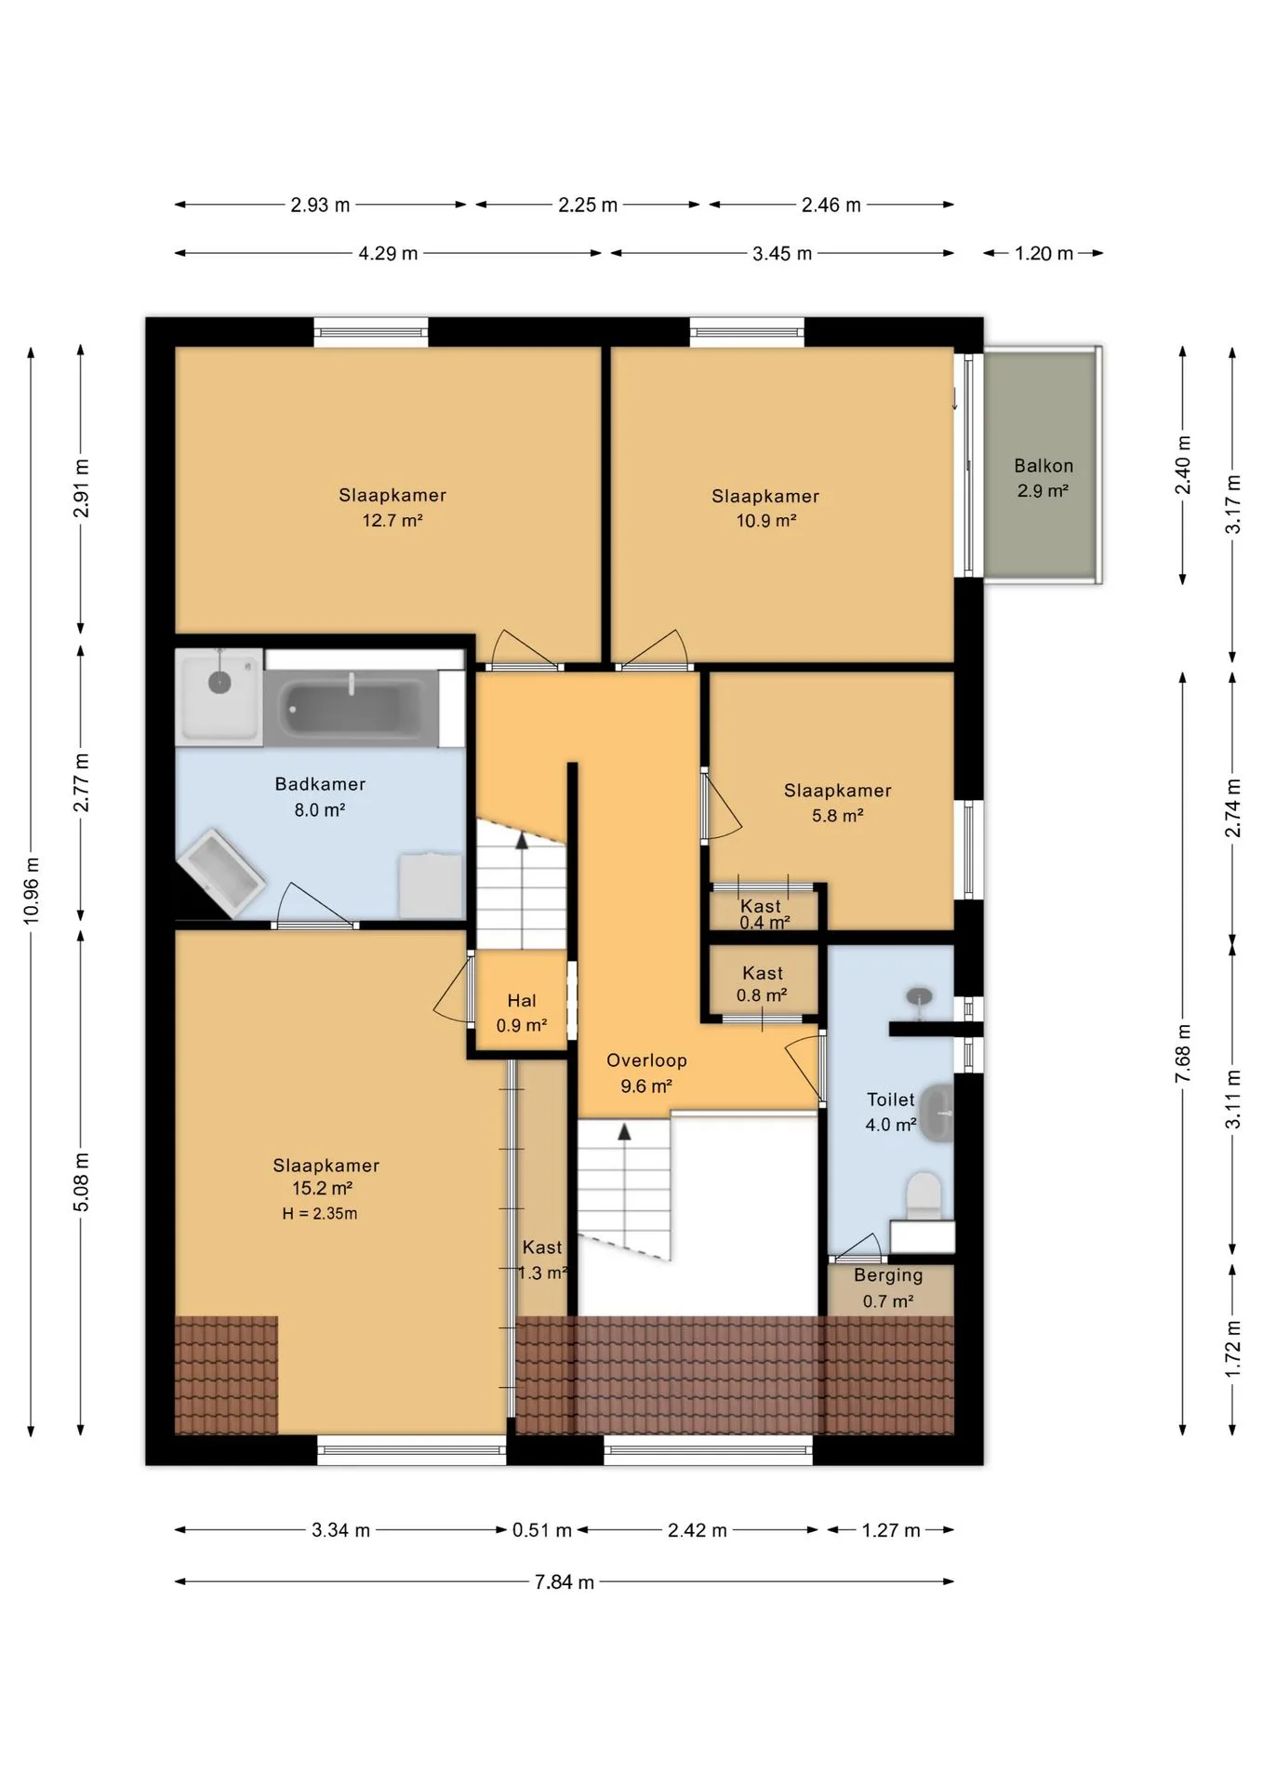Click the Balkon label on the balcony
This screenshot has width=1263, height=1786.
tap(1043, 466)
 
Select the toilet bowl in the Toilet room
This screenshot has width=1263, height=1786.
tap(924, 1196)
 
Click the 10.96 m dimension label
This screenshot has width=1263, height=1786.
tap(32, 890)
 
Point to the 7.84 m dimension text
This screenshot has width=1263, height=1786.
tap(564, 1582)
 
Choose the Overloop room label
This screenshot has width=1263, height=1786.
tap(646, 1060)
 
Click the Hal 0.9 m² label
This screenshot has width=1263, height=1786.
tap(521, 1013)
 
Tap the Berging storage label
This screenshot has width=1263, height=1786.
tap(888, 1275)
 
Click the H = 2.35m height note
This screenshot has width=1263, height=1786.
tap(320, 1213)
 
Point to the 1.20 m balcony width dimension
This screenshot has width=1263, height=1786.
tap(1044, 253)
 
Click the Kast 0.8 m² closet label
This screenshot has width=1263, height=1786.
tap(762, 984)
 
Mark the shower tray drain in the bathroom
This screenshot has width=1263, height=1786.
tap(219, 684)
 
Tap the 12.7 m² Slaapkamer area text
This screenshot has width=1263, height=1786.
tap(392, 521)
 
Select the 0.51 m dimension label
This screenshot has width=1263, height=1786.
tap(542, 1530)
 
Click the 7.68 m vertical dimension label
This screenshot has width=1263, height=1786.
tap(1183, 1053)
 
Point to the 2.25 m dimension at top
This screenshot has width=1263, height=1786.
tap(588, 205)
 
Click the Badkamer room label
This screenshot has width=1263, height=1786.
tap(320, 784)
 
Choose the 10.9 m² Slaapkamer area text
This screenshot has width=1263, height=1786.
tap(766, 521)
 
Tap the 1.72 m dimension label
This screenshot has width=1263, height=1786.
tap(1232, 1349)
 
